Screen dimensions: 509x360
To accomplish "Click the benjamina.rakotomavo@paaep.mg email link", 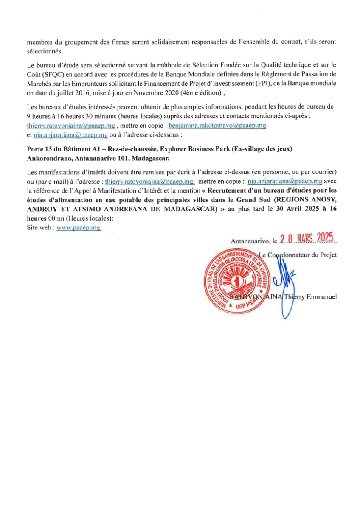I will (217, 126).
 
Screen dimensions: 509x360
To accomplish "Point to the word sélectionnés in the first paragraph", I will (44, 52).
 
